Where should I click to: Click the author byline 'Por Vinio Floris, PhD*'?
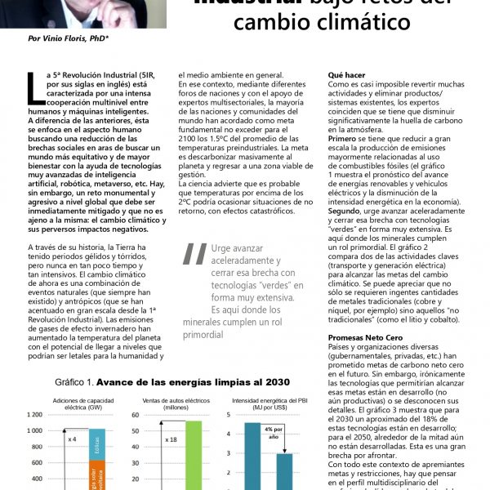pyautogui.click(x=69, y=38)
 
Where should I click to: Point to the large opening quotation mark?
pyautogui.click(x=194, y=254)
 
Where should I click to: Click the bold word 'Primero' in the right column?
pyautogui.click(x=345, y=139)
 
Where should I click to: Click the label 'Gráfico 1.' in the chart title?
pyautogui.click(x=76, y=382)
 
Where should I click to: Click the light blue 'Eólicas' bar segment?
pyautogui.click(x=96, y=444)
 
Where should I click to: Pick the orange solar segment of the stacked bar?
pyautogui.click(x=96, y=475)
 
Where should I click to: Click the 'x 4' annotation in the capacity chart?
pyautogui.click(x=73, y=439)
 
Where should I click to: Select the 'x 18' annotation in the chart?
pyautogui.click(x=171, y=439)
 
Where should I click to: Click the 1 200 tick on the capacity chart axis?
pyautogui.click(x=34, y=415)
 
